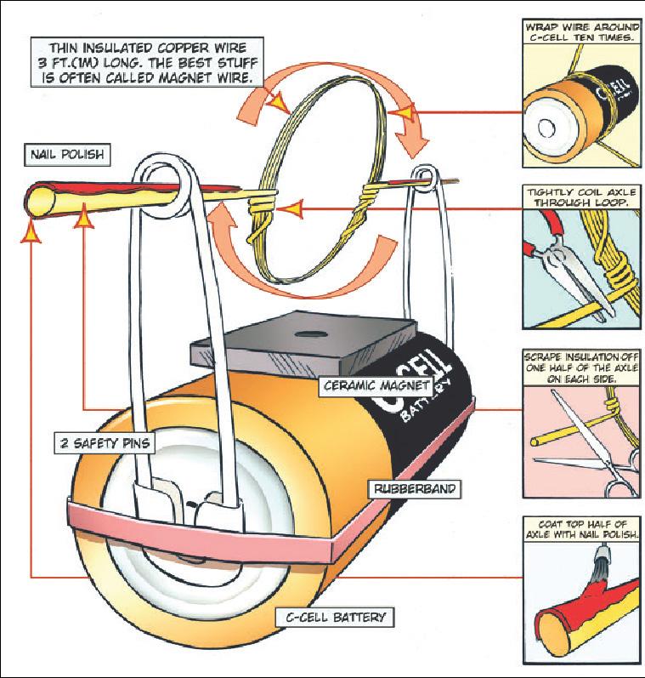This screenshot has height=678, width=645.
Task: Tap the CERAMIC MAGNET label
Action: tap(372, 385)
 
